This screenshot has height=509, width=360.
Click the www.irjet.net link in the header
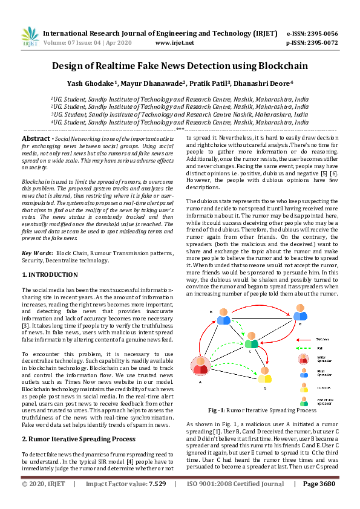(x=175, y=44)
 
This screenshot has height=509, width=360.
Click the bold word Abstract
(x=36, y=139)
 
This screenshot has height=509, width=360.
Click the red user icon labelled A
(x=200, y=366)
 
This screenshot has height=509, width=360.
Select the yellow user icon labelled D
(x=265, y=375)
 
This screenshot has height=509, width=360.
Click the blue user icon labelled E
(x=300, y=313)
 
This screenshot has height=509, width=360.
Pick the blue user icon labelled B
(x=223, y=317)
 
